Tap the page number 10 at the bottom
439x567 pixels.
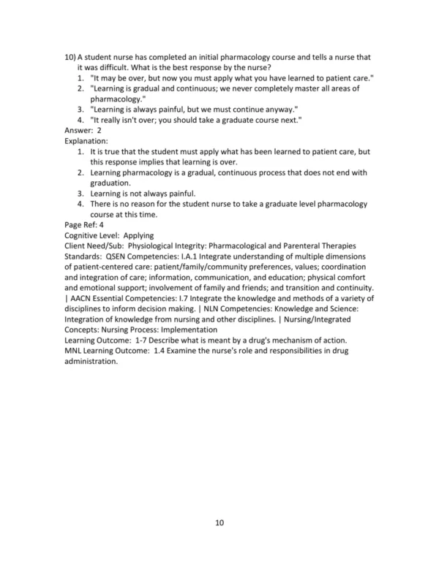(x=219, y=522)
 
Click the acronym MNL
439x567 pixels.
(x=76, y=349)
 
